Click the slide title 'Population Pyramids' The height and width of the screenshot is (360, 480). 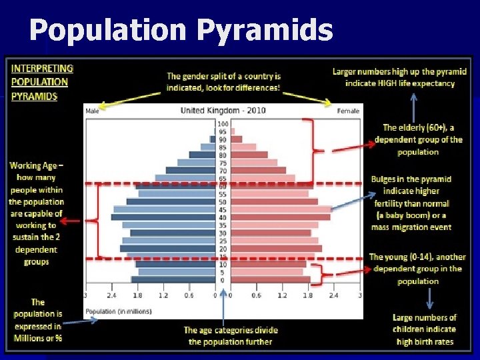tap(181, 30)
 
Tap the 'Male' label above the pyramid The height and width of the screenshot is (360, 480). tap(93, 111)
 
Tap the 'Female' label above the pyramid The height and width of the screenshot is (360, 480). tap(347, 111)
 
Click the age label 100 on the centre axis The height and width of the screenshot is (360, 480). tap(223, 124)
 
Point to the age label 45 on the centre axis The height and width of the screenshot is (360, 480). tap(223, 209)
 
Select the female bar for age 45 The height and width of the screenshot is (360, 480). tap(280, 209)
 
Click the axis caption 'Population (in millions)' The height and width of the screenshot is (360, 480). tap(118, 311)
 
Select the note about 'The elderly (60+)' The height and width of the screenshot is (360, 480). tap(418, 139)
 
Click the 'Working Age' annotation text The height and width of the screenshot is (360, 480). tap(37, 213)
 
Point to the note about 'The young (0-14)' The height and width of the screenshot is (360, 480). tap(417, 269)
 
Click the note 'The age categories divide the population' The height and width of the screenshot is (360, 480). tap(230, 336)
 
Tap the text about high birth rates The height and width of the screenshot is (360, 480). tap(424, 330)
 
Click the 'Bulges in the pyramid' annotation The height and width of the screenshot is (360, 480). tap(411, 203)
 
